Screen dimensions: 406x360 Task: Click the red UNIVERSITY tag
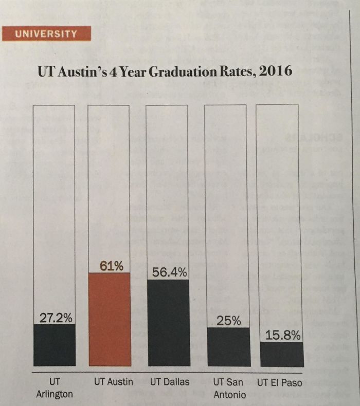click(x=46, y=34)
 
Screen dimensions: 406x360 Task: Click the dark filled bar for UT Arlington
click(x=54, y=345)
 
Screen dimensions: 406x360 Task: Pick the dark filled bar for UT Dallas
click(x=168, y=323)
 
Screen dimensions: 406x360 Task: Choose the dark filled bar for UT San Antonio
click(x=228, y=346)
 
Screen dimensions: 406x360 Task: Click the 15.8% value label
click(x=282, y=335)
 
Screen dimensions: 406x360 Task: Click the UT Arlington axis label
click(x=55, y=388)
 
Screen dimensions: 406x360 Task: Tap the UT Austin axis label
click(x=114, y=382)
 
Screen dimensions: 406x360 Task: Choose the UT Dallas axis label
click(x=170, y=382)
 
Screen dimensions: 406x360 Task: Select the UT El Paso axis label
click(x=280, y=382)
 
